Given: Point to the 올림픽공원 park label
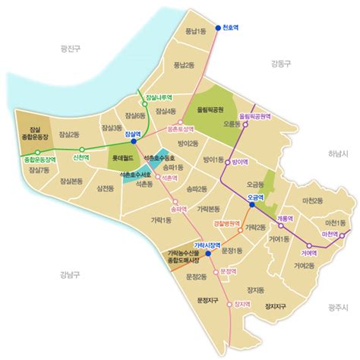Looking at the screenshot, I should pos(210,109).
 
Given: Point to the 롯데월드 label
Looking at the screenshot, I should pos(122,159).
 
